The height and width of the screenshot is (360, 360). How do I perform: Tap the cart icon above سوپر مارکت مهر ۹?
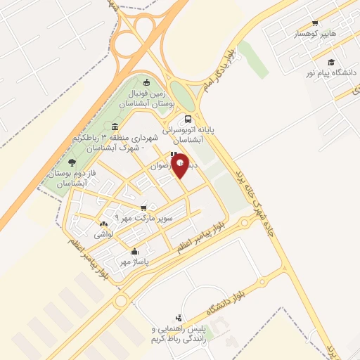coord(143,207)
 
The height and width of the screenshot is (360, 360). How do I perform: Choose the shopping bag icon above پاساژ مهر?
coord(134,252)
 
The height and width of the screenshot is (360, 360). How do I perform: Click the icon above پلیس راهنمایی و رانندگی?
coord(179,318)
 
